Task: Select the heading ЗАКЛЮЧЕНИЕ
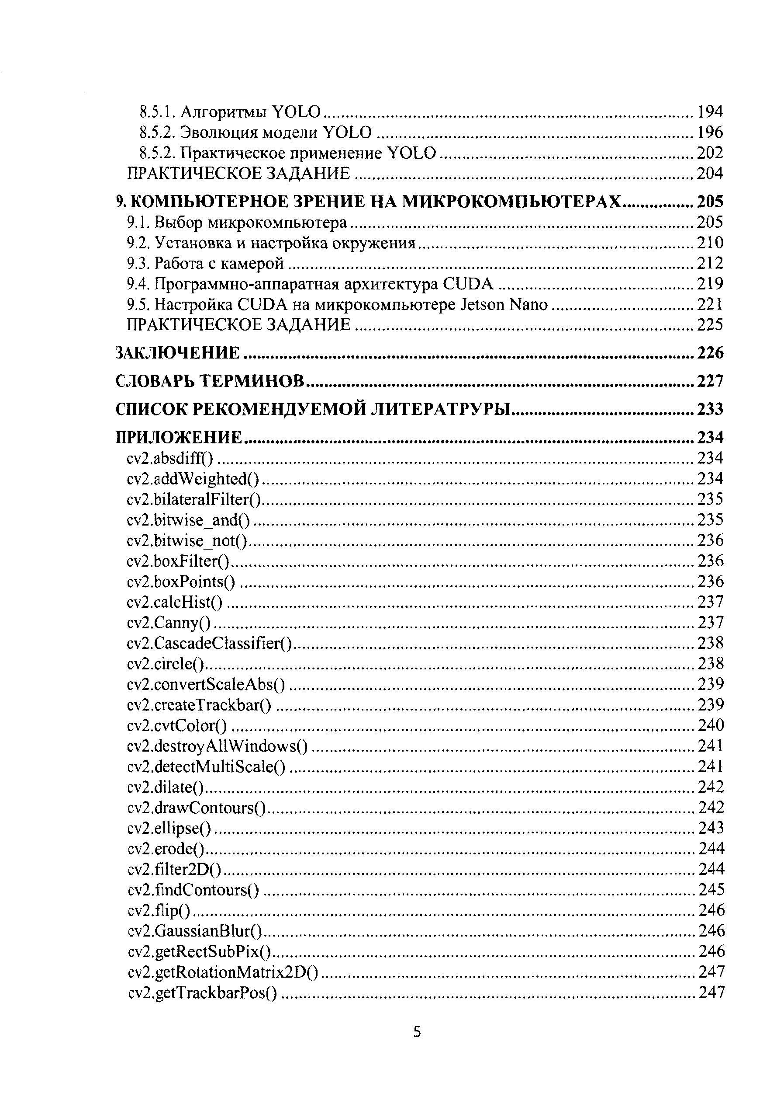177,353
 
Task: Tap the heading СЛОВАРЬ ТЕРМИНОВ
210,381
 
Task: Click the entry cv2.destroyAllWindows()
218,745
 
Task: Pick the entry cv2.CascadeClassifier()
209,643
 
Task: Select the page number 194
710,112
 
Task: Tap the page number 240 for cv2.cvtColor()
710,725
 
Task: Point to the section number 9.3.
138,263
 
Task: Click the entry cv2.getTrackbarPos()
203,993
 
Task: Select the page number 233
710,409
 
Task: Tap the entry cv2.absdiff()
170,458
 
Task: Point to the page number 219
710,284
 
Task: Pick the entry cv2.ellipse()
169,828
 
